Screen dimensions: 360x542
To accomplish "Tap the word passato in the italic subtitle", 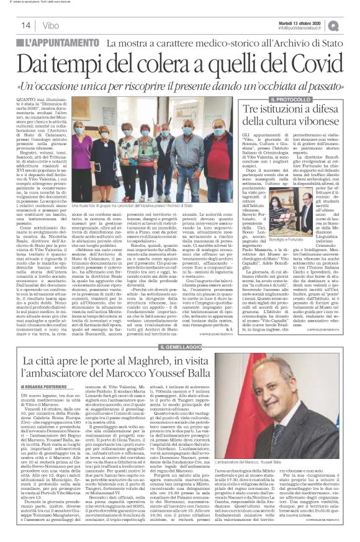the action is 307,86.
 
